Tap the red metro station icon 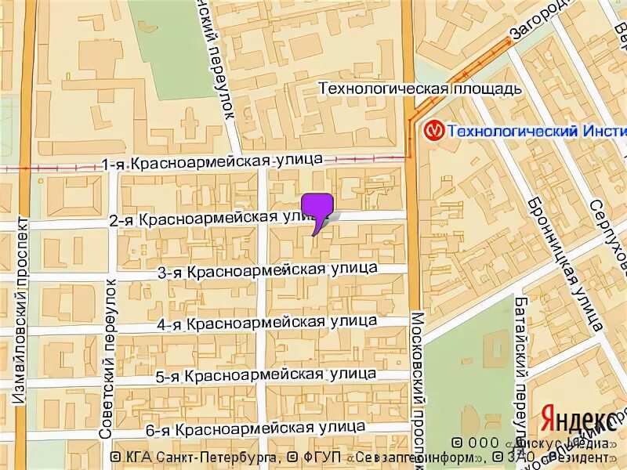coord(433,129)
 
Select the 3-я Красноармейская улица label coord(267,270)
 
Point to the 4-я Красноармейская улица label coord(266,323)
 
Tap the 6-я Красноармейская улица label coord(256,428)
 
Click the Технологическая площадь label coord(419,89)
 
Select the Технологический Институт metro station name coord(537,130)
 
